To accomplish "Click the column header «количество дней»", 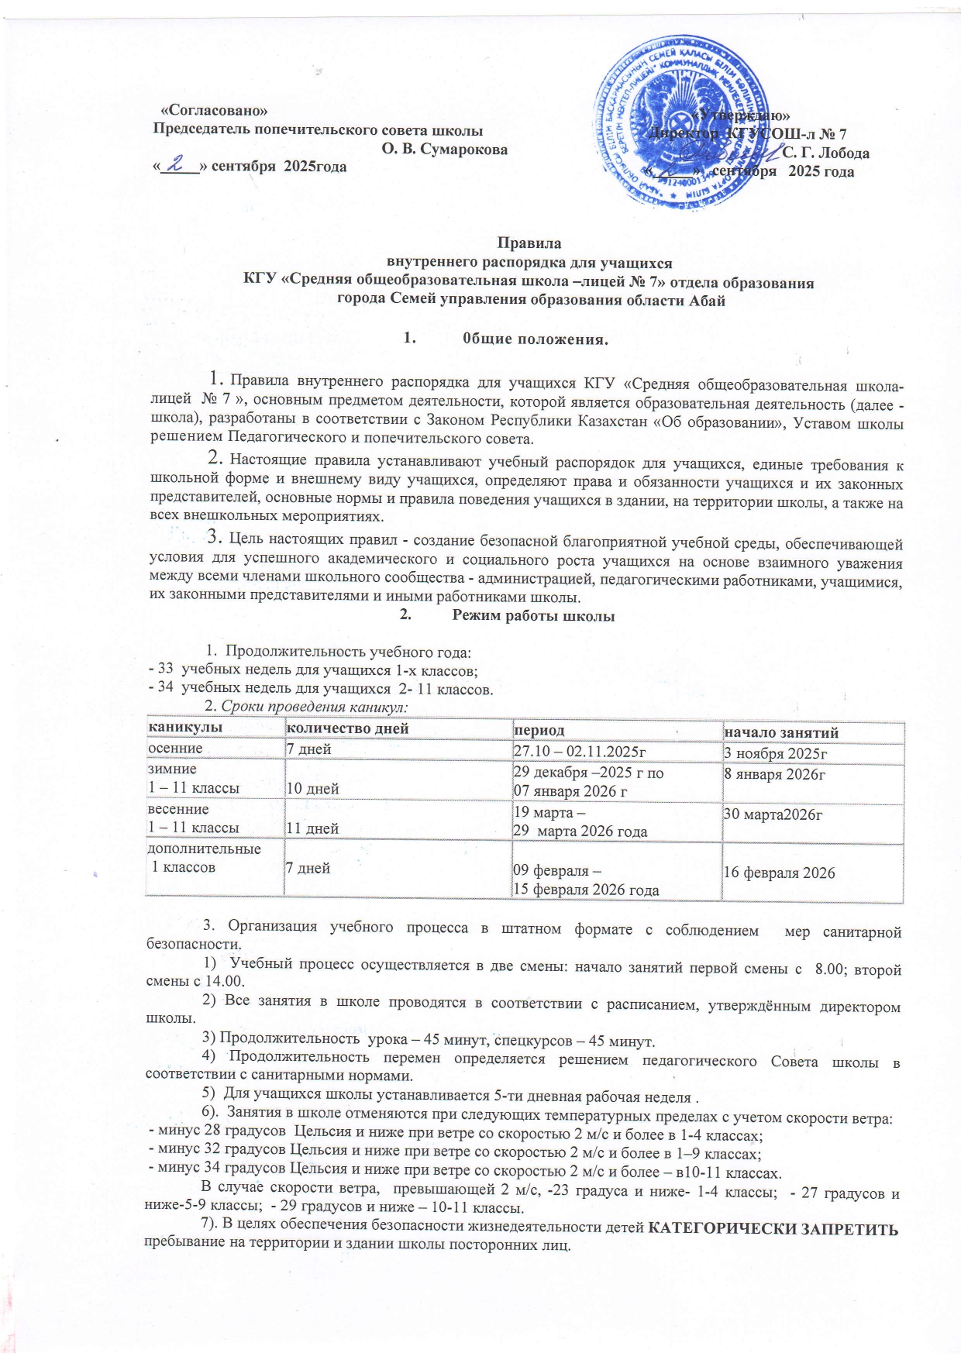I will pos(347,730).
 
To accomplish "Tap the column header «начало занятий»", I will pos(781,732).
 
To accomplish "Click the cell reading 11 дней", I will pos(313,828).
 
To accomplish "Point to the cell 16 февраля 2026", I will pos(779,873).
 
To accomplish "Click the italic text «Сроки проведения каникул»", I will pos(314,707).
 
